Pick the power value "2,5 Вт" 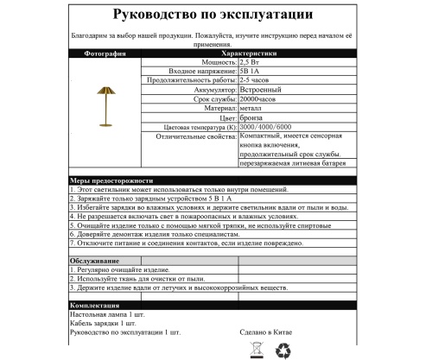point(253,63)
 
